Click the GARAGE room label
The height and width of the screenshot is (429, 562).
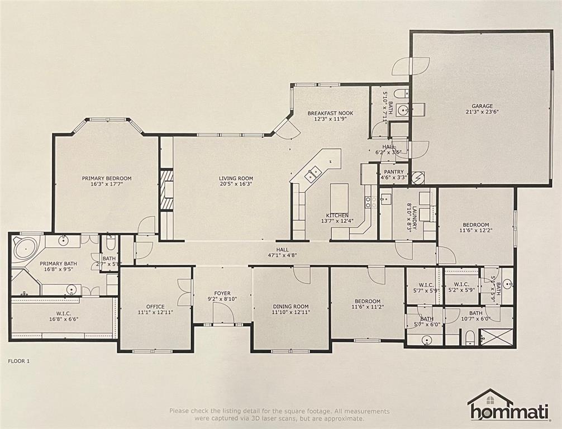482,106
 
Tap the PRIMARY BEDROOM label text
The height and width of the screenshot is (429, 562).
107,179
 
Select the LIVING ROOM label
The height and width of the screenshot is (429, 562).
236,179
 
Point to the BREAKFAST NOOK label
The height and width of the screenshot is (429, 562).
330,113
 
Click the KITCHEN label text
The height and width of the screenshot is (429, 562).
337,216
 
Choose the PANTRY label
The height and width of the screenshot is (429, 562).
394,173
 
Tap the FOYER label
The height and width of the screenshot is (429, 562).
222,293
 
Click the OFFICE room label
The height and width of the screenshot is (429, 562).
155,306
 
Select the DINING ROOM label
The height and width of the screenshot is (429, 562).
290,306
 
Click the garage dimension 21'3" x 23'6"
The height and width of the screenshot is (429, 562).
482,111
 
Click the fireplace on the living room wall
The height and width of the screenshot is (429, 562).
166,190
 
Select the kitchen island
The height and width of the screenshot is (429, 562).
339,198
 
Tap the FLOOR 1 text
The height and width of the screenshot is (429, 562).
19,361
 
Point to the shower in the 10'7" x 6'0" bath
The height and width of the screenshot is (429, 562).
495,337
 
